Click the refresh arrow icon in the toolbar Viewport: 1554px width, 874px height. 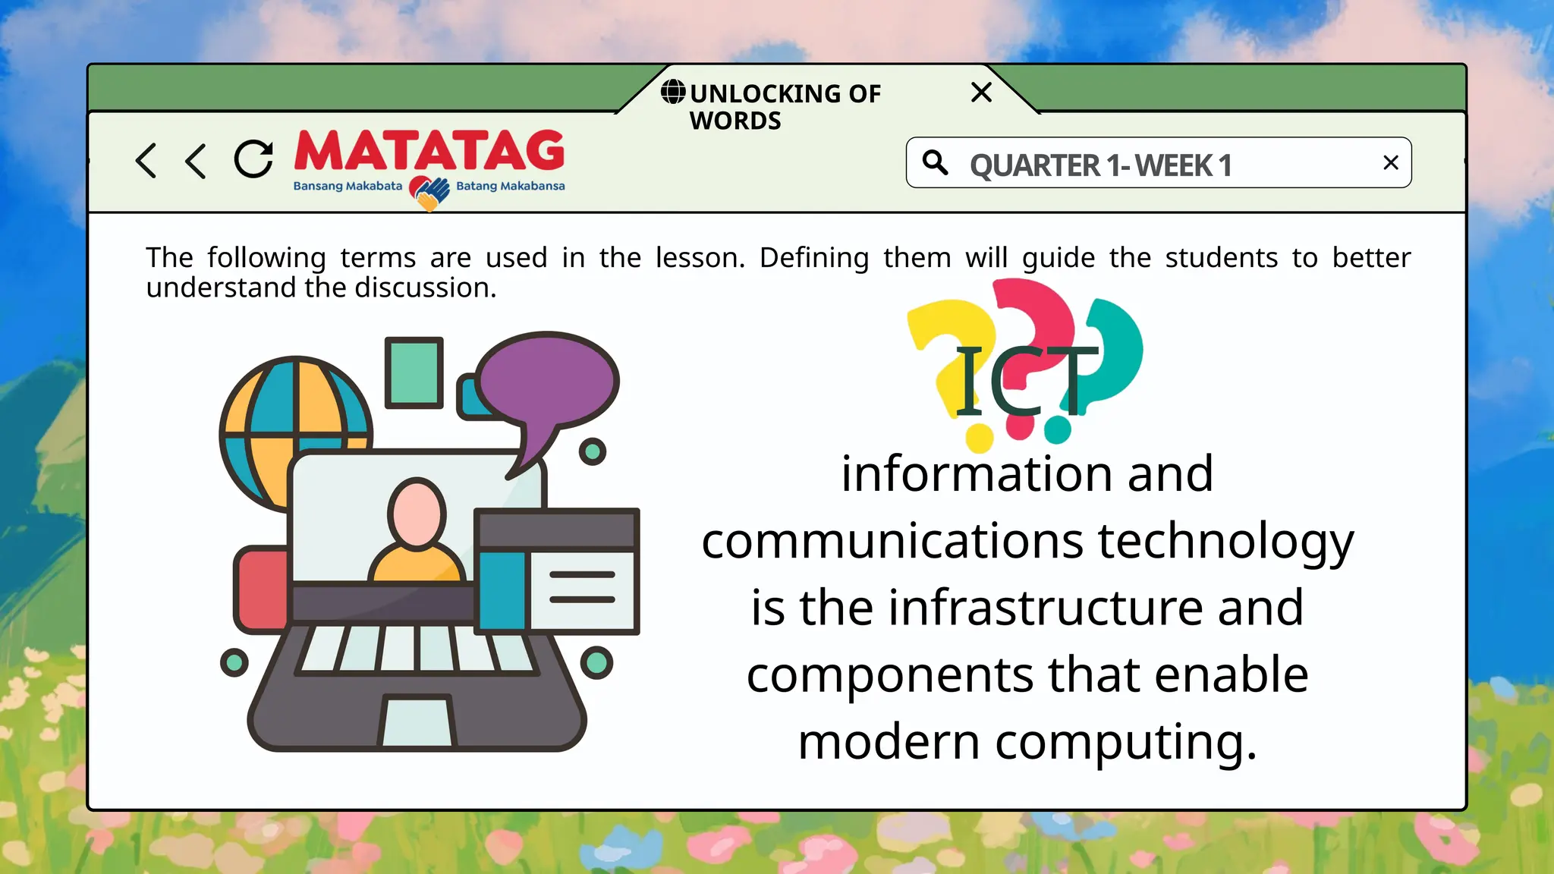(x=253, y=159)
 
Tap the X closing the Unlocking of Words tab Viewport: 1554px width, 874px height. (x=981, y=93)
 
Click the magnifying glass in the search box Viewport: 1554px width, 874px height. (x=935, y=162)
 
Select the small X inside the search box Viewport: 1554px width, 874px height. (x=1390, y=162)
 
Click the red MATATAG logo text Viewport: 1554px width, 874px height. (x=429, y=151)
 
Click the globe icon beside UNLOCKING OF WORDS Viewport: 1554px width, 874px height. (x=673, y=92)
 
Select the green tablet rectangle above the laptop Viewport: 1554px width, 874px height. (x=414, y=373)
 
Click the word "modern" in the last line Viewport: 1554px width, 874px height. (x=889, y=741)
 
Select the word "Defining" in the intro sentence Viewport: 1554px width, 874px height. (x=813, y=258)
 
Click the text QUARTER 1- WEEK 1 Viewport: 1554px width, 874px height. (x=1100, y=165)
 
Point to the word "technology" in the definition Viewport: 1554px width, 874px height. (x=1225, y=542)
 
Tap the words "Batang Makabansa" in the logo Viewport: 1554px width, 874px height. (x=510, y=187)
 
